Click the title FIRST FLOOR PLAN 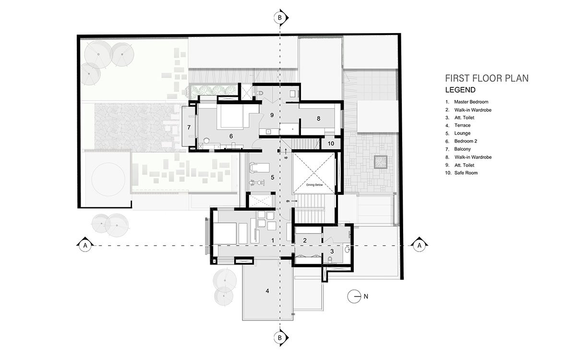click(x=486, y=78)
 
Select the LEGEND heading click(x=460, y=90)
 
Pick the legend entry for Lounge click(x=462, y=133)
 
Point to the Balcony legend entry click(x=463, y=149)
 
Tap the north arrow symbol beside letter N click(x=355, y=297)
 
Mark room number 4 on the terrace click(x=267, y=291)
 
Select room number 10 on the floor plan click(x=331, y=143)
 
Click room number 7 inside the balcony click(x=189, y=128)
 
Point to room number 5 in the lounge click(x=272, y=177)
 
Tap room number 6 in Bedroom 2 click(x=231, y=136)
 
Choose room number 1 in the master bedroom click(x=272, y=240)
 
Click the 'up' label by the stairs click(x=286, y=157)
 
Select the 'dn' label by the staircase click(x=287, y=201)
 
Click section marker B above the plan click(x=280, y=18)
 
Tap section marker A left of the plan click(x=85, y=245)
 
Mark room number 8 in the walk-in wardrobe click(x=318, y=118)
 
